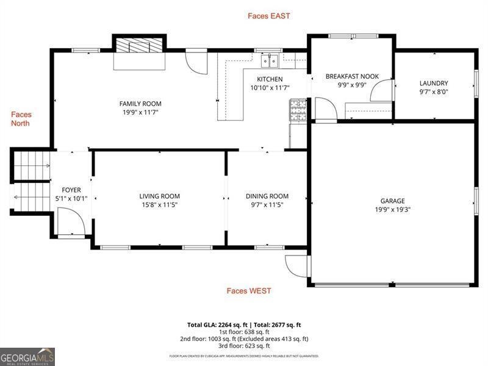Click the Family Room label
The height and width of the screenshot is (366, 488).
coord(140,104)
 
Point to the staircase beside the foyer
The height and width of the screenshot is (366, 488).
coord(29,181)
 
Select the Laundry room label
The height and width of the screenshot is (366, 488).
coord(434,84)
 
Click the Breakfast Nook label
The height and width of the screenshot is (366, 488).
coord(352,76)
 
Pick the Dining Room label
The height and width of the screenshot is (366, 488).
coord(267,196)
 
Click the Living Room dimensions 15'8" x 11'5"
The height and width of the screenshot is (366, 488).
coord(159,205)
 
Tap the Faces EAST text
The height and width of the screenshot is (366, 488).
coord(268,16)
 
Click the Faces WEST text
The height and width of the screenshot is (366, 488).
coord(249,291)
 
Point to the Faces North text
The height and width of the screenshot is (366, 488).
coord(21,119)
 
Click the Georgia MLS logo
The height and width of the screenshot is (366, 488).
coord(27,356)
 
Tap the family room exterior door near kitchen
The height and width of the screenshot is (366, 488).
coord(196,62)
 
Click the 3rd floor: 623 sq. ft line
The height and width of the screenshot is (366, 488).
coord(243,346)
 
